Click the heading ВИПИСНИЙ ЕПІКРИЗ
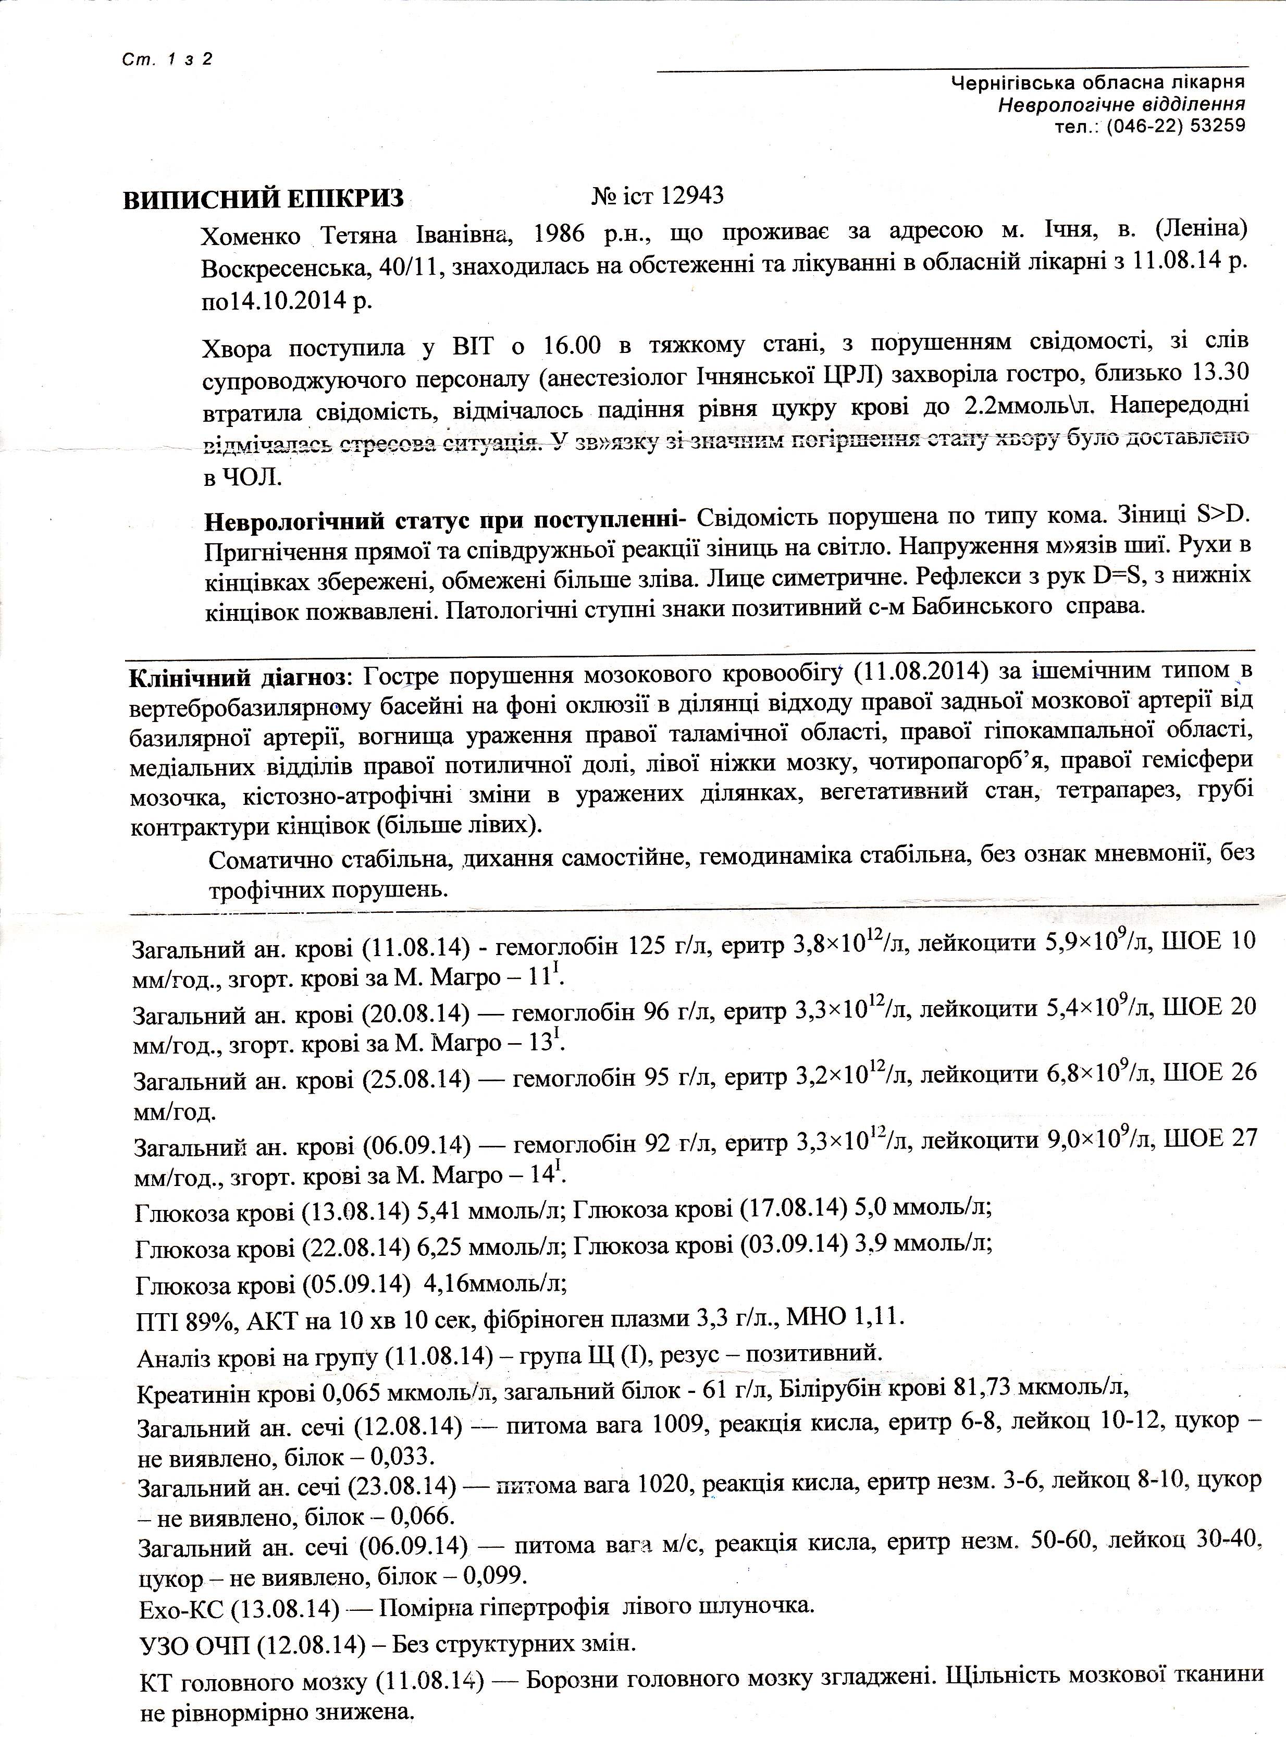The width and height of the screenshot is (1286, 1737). pos(263,199)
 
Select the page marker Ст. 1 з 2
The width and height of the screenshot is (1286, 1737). pos(167,59)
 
